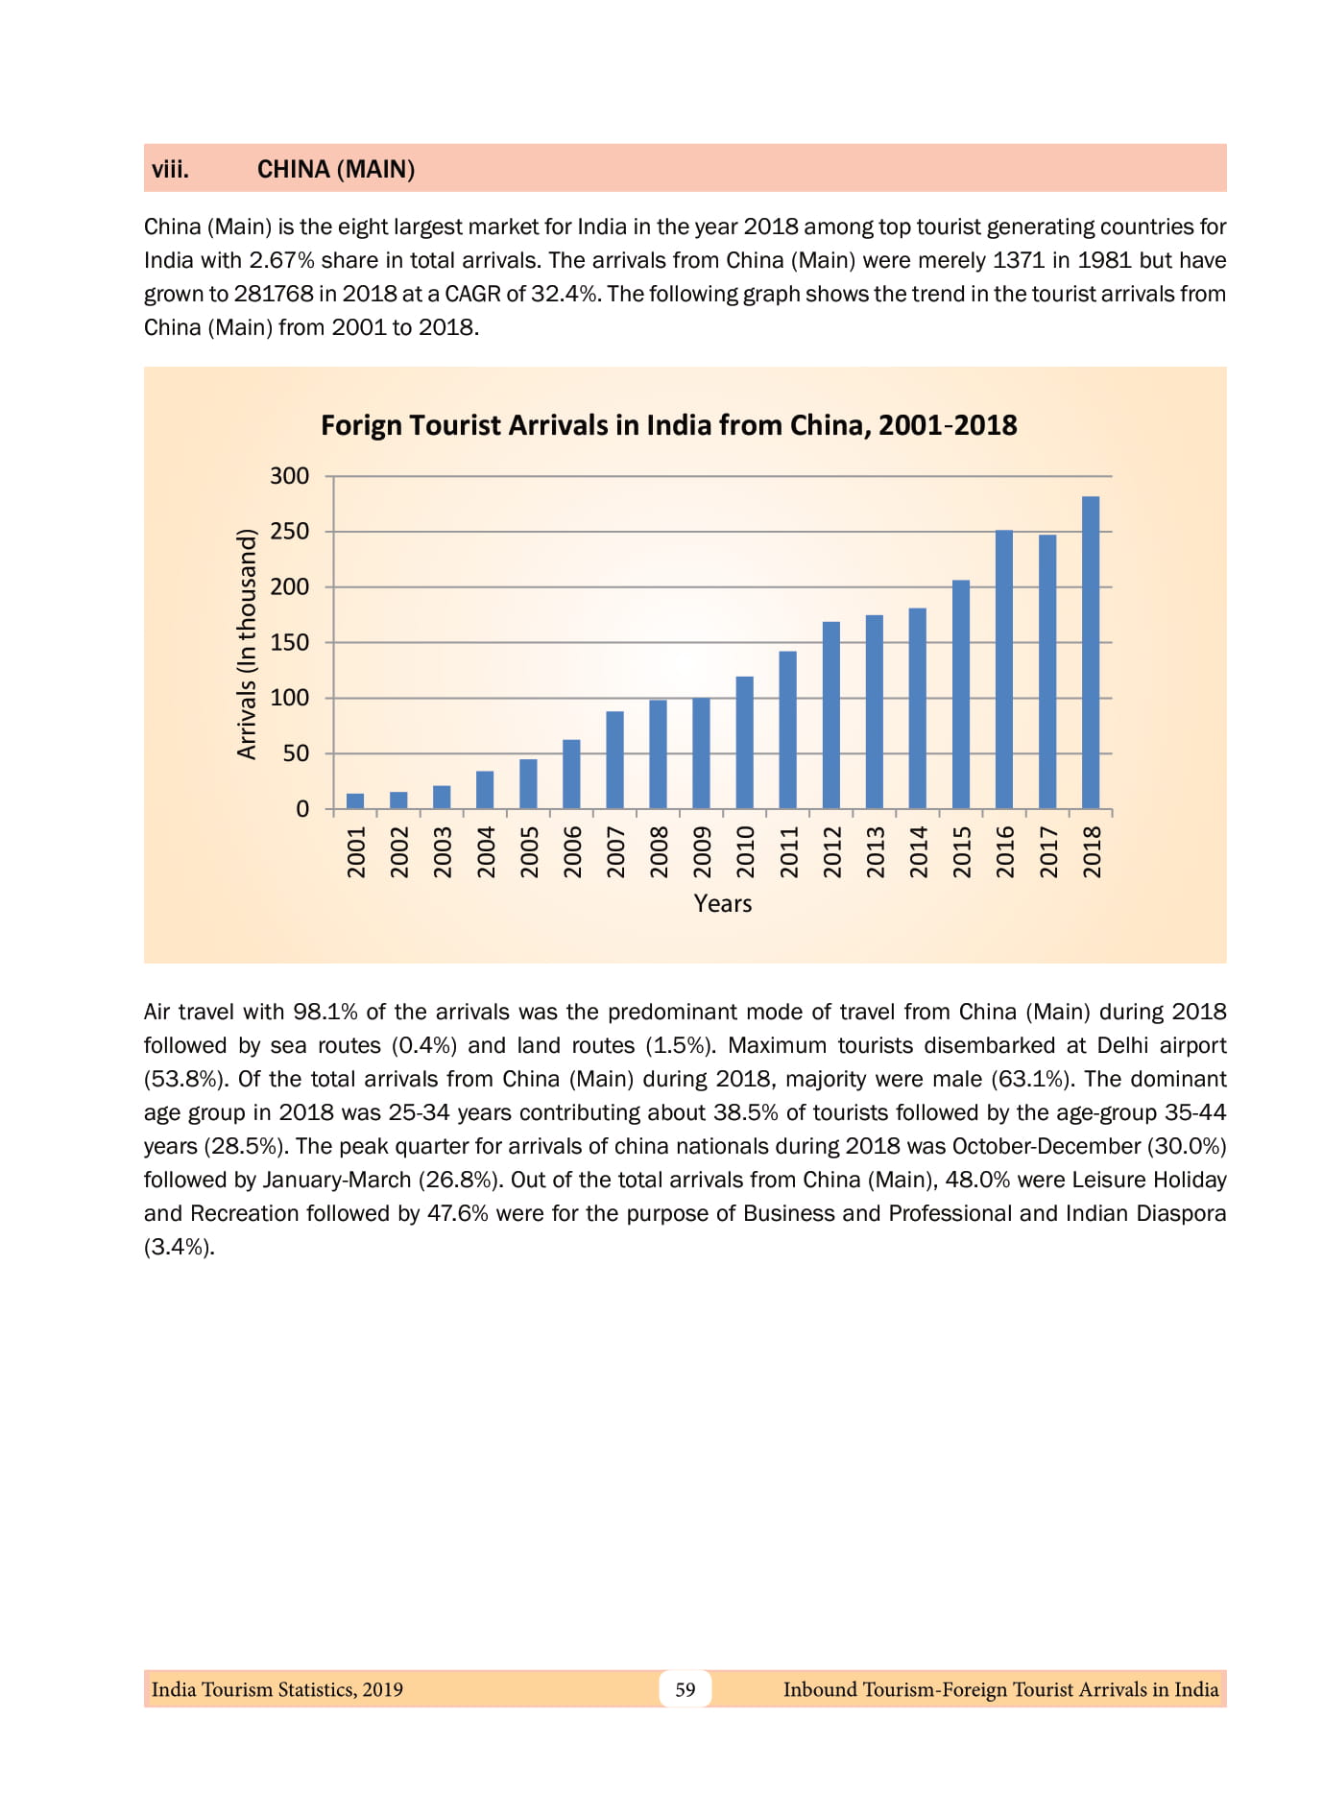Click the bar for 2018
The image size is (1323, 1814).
1090,653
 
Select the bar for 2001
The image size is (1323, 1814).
355,800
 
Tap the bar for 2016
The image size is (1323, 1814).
1003,669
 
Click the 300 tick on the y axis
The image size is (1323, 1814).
289,476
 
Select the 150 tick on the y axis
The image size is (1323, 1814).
289,642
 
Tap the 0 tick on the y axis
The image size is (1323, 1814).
302,809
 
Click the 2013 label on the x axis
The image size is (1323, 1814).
875,851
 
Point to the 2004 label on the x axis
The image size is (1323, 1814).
486,851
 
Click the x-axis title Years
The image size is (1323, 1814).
722,903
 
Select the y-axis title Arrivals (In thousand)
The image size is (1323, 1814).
247,644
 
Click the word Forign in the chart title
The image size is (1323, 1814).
361,425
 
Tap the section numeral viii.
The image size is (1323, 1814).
170,170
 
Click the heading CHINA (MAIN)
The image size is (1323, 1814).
336,170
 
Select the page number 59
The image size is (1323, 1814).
685,1689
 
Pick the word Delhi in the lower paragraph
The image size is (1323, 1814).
1122,1045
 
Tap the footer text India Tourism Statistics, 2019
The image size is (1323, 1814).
277,1689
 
